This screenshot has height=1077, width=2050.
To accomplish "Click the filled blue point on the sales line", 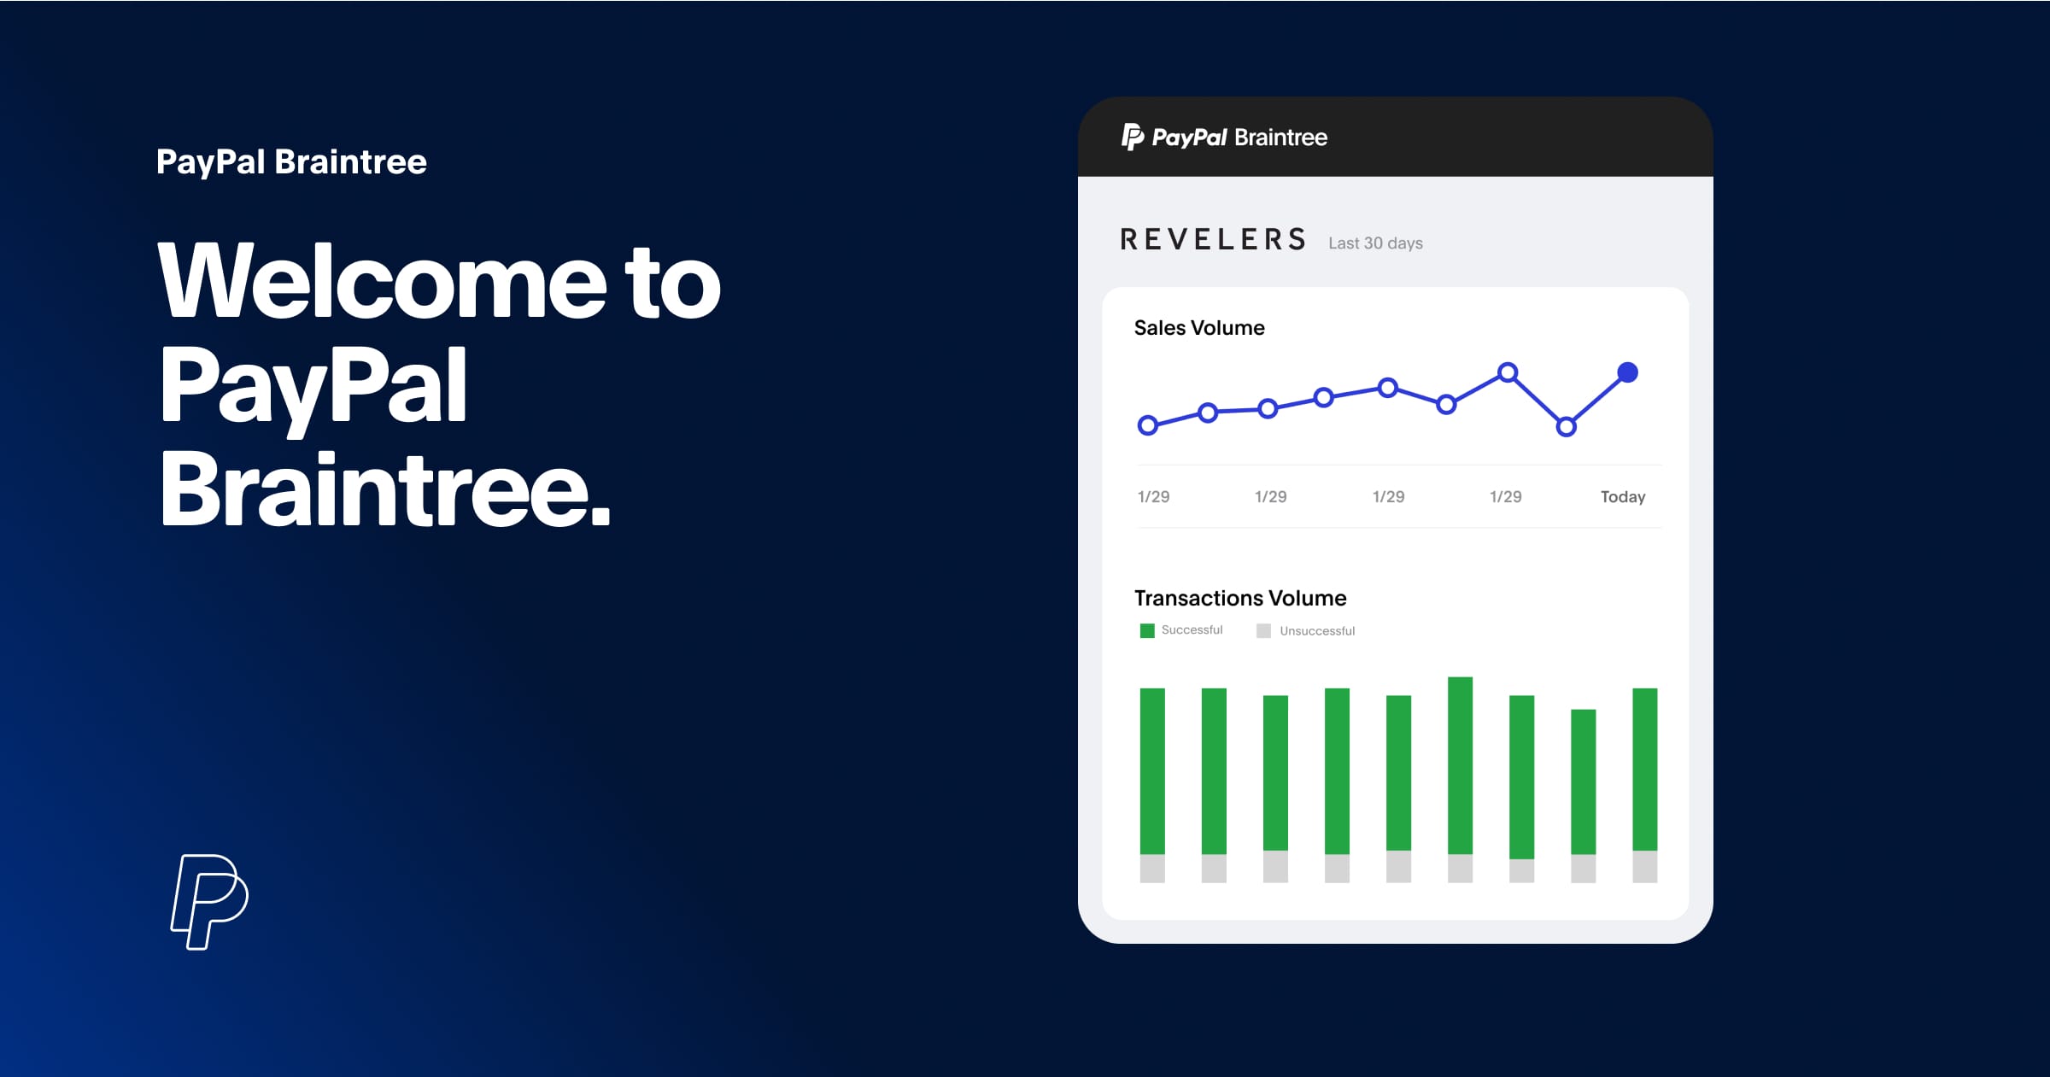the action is [1628, 372].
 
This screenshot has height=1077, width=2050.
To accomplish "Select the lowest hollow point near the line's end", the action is [1566, 426].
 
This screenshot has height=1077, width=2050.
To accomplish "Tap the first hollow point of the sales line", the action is [1148, 424].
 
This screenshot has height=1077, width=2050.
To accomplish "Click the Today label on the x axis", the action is [1623, 497].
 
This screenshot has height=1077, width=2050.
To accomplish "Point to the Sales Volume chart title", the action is [1199, 328].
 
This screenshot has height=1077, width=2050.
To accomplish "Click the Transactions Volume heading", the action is [1240, 598].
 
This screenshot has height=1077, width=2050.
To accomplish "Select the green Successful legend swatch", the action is [1147, 630].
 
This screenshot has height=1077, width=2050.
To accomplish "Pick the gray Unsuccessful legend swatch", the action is [1263, 630].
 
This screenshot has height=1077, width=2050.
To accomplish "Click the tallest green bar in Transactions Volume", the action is [1461, 765].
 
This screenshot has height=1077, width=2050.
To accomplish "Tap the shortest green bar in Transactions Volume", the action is [1584, 781].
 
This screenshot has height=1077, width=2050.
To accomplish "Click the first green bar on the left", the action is [1152, 771].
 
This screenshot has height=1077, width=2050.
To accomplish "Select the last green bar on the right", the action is [1645, 769].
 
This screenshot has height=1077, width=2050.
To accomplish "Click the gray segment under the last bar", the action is [1645, 866].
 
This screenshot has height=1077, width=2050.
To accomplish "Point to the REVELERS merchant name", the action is [1214, 239].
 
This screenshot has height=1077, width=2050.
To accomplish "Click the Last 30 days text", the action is [1375, 243].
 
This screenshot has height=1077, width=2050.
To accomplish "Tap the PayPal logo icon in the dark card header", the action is [1133, 137].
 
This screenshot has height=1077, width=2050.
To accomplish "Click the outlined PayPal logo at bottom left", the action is [209, 902].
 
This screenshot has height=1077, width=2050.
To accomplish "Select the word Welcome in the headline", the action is [382, 282].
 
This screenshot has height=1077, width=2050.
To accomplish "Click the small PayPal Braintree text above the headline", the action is [291, 162].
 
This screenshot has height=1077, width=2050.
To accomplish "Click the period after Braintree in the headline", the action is [600, 515].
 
